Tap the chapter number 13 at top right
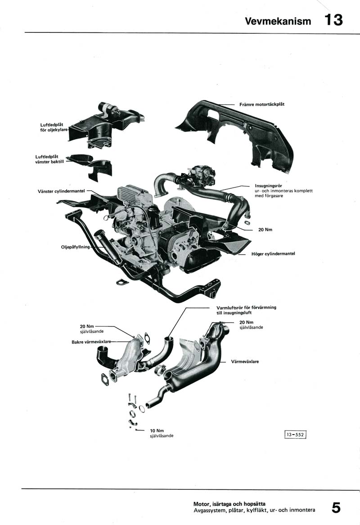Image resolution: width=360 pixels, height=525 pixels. point(333,20)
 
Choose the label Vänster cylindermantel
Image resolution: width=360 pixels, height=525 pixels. point(62,191)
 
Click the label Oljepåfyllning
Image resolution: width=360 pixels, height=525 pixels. point(76,247)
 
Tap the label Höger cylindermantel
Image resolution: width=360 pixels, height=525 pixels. point(273,254)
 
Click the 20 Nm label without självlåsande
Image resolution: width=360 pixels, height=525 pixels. point(265,230)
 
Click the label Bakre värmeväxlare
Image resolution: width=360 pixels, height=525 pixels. point(91,342)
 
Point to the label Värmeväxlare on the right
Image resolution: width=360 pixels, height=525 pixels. point(244,361)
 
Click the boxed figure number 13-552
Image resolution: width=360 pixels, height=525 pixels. point(295,434)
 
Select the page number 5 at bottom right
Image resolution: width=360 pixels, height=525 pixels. point(336,507)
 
